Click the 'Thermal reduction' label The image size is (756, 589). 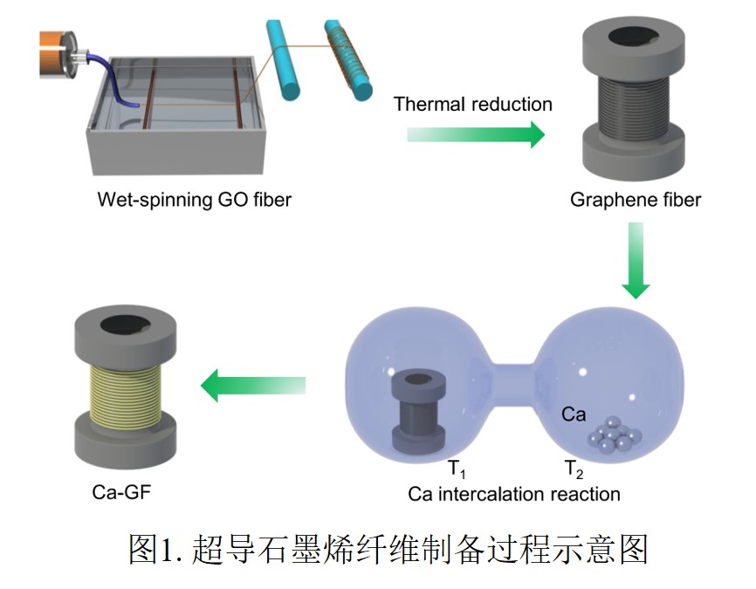pos(472,105)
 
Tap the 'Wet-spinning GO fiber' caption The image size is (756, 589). pos(194,200)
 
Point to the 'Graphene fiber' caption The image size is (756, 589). pos(636,200)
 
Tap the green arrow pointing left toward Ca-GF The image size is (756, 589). pos(253,384)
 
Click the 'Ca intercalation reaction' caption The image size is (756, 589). pos(514,494)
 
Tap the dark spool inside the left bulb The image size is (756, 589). pos(416,410)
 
